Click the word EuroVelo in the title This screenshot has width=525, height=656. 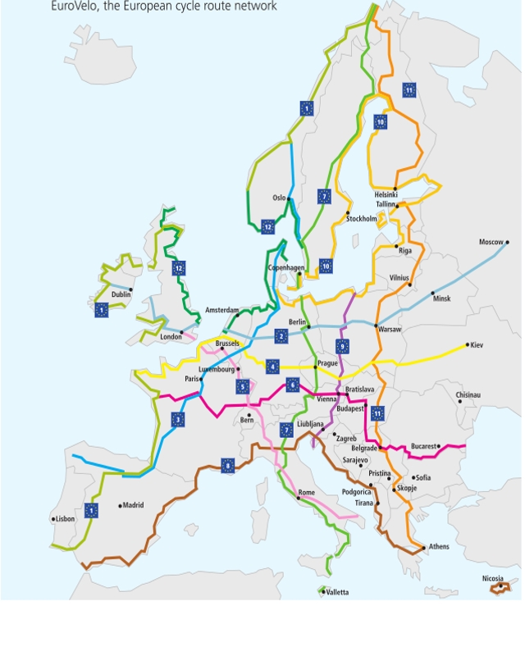[74, 7]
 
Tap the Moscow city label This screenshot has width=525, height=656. [491, 242]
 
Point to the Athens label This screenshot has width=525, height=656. [439, 547]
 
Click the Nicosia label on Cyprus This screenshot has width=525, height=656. [493, 579]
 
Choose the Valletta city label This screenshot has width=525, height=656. [337, 592]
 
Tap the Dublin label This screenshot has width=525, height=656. [121, 294]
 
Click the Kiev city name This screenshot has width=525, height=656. [477, 345]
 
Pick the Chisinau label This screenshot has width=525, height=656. [468, 395]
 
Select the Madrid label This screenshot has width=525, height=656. [134, 505]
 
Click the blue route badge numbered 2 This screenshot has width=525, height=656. [281, 336]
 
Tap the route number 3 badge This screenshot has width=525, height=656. [178, 420]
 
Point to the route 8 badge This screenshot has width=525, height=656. [228, 467]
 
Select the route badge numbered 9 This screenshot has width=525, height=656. [342, 346]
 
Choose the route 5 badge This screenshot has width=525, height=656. [242, 386]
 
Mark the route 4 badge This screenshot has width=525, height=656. [272, 367]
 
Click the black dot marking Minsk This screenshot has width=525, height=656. [433, 293]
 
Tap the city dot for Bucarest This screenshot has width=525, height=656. [439, 447]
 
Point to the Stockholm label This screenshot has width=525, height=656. [362, 219]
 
